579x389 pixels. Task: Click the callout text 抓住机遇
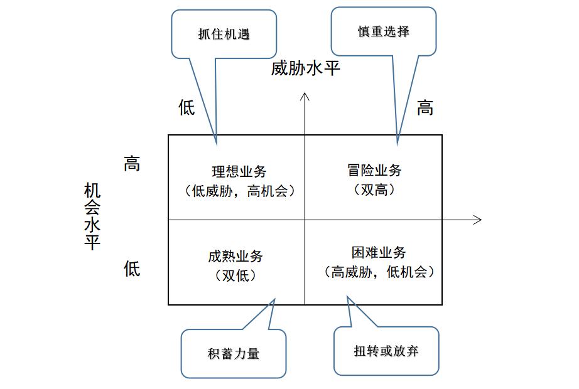[224, 34]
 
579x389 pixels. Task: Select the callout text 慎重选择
[384, 31]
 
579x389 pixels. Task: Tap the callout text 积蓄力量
[233, 353]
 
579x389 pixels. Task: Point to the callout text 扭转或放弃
[386, 351]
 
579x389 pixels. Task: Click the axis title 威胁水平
[305, 68]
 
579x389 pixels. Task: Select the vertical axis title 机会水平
[92, 216]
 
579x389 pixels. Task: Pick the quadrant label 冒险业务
[374, 171]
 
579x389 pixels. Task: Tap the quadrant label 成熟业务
[235, 256]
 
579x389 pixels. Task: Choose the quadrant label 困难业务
[379, 253]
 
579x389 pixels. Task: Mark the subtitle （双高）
[374, 189]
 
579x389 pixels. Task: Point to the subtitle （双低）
[235, 275]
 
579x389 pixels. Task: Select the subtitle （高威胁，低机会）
[379, 272]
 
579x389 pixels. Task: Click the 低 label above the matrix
[187, 108]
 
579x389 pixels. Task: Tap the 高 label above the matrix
[425, 108]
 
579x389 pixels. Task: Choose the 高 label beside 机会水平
[131, 165]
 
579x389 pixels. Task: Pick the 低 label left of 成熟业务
[131, 269]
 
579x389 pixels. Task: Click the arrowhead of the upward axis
[305, 96]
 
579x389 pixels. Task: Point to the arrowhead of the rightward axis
[478, 220]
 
